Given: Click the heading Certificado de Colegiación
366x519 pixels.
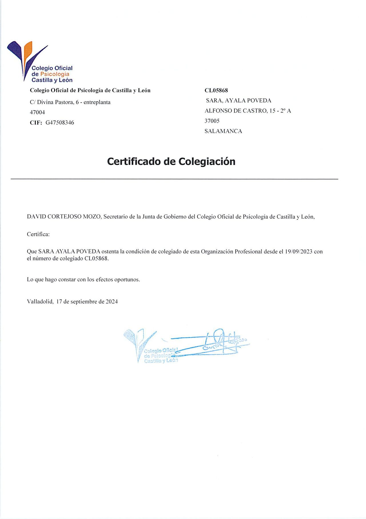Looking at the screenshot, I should coord(171,161).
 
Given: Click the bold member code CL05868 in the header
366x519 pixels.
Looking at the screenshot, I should coord(216,90).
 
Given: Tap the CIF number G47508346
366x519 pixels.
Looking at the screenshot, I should coord(60,123).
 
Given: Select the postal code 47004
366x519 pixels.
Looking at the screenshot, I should coord(37,112).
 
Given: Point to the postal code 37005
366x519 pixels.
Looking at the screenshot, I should coord(212,121).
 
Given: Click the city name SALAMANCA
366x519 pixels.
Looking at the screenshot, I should coord(223,131).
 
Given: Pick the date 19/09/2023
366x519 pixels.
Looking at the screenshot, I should coord(299,252).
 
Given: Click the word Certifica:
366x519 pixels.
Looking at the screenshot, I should coord(38,234).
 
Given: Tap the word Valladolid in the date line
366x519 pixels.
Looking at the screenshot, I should coord(40,301).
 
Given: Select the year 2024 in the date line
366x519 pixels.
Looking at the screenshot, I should coord(112,301).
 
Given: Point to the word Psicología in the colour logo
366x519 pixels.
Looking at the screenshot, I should coord(55,74).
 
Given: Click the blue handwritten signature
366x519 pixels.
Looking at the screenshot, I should coord(217,342).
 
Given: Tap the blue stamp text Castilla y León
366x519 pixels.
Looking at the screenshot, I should coord(161,361).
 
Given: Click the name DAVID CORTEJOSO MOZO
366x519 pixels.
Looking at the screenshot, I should coord(64,217).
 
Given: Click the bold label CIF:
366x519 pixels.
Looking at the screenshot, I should coord(36,123).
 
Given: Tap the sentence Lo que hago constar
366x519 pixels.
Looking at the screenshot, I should coord(83,279).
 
